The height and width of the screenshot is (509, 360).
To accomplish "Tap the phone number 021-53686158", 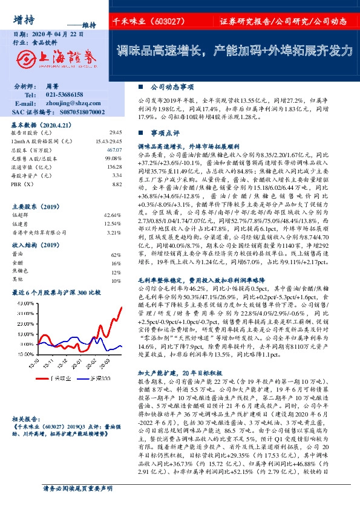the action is point(65,95).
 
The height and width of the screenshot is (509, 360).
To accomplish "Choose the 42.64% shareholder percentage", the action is point(113,215).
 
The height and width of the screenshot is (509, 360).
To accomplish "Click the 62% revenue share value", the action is point(116,256).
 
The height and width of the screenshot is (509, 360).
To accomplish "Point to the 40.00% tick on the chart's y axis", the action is point(23,303).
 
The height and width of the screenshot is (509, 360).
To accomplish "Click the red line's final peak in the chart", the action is point(122,307).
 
